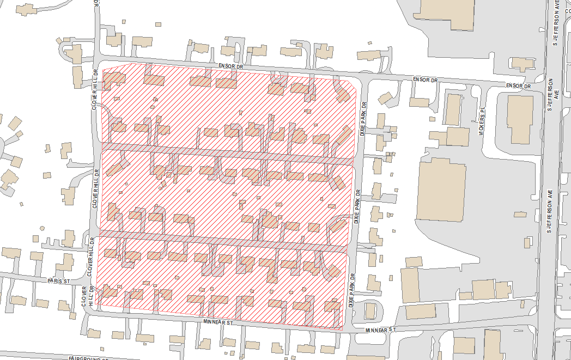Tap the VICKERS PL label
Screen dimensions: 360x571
tap(482, 117)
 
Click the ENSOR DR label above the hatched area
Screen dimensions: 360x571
tap(230, 66)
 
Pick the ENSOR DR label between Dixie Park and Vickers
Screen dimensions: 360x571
tap(425, 80)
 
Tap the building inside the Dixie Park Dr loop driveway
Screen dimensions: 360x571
tap(370, 311)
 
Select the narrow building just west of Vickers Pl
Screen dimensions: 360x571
tap(453, 109)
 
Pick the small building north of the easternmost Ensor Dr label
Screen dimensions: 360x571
tap(522, 64)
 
